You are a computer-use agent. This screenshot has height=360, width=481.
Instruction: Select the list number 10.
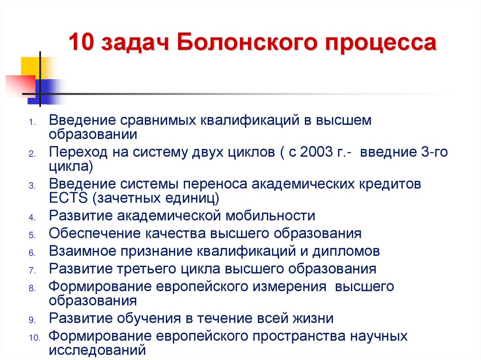click(35, 338)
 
